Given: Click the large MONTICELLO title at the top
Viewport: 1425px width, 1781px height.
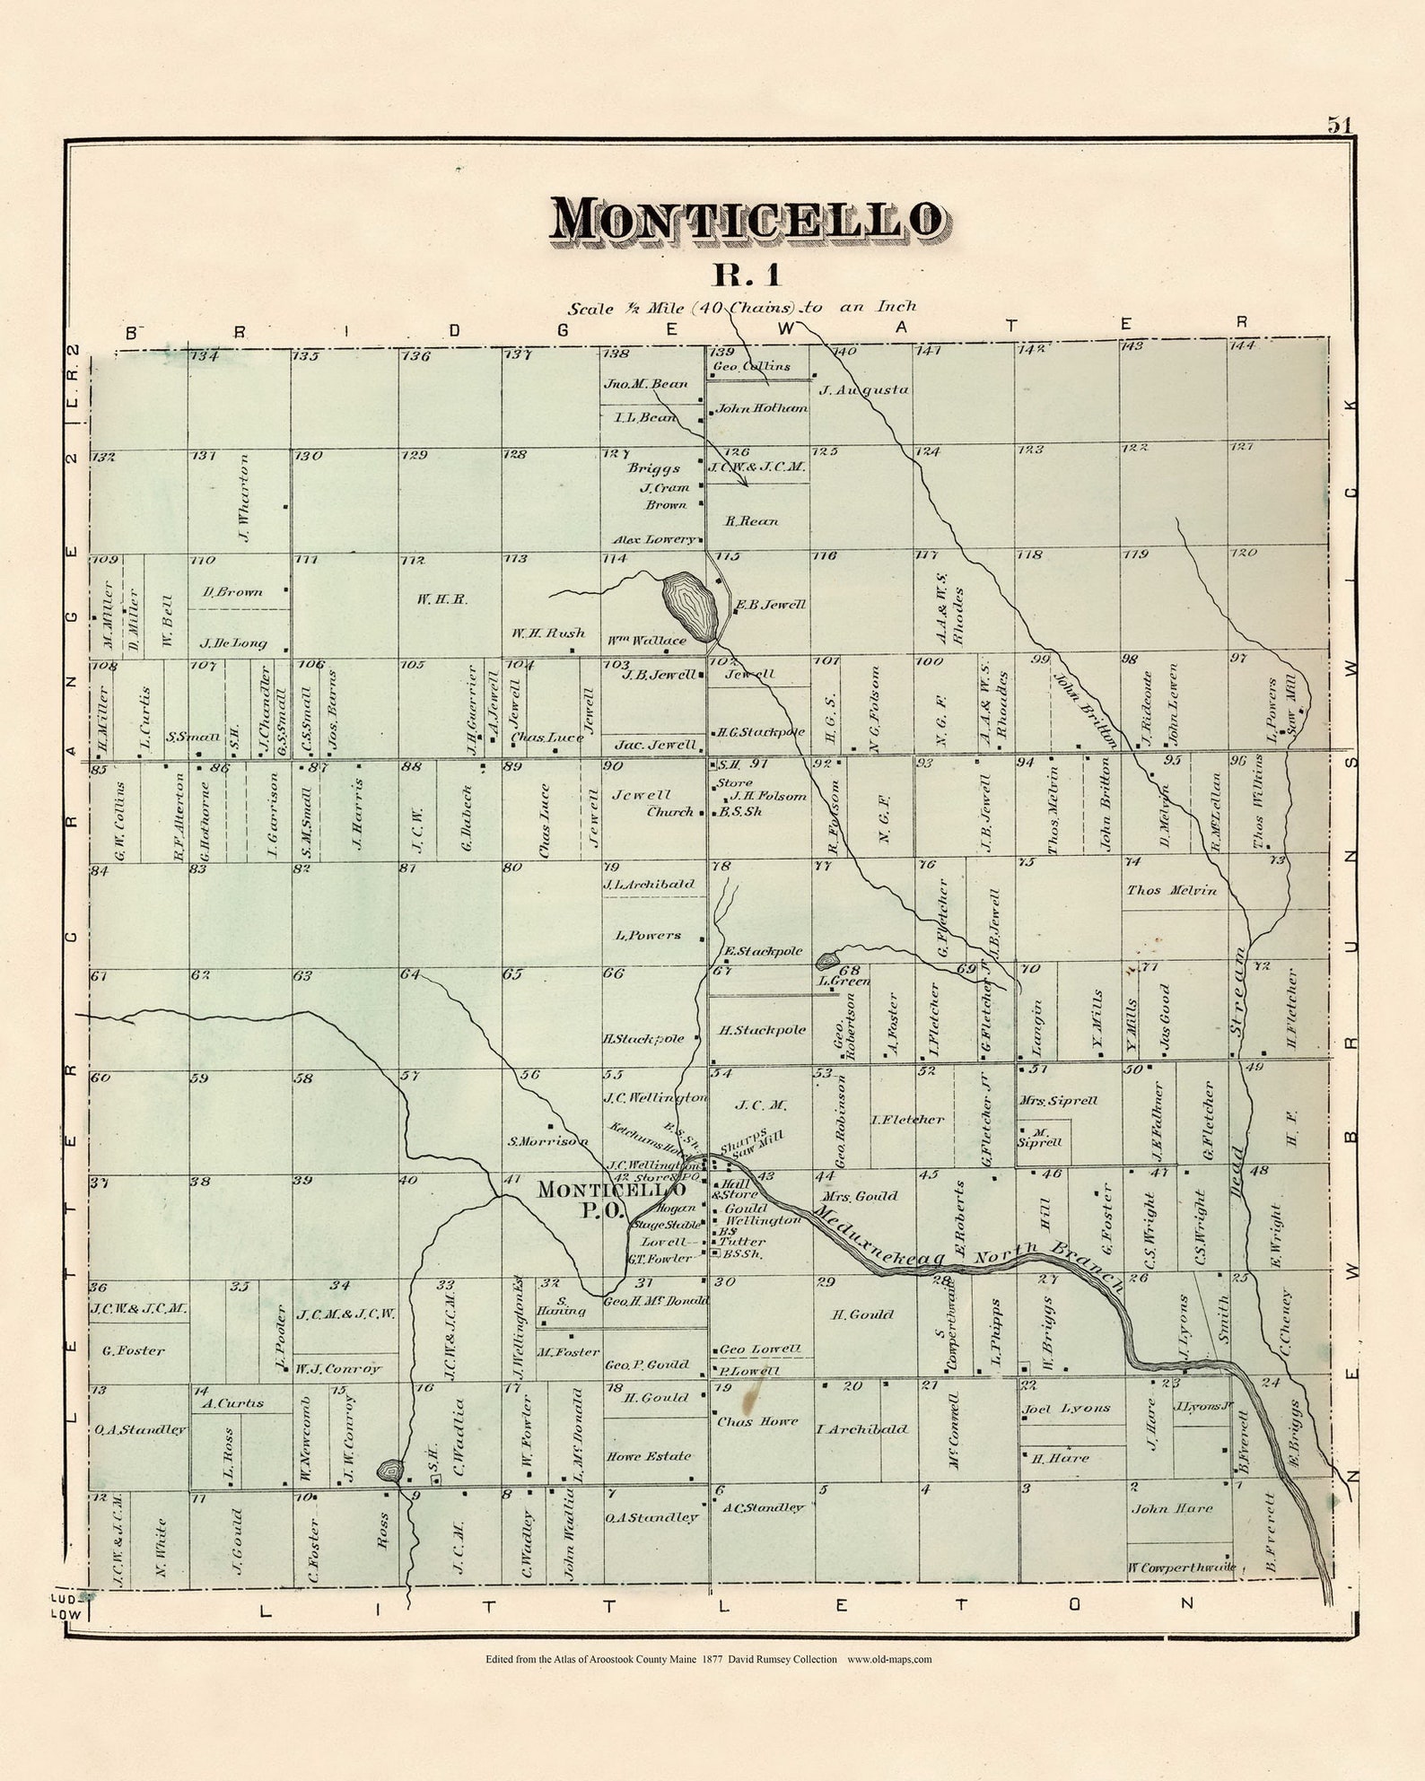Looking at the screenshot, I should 747,220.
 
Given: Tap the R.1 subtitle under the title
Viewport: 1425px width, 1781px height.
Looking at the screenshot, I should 747,274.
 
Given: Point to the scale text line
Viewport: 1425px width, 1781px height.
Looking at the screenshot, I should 741,308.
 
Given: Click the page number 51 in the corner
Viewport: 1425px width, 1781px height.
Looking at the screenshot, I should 1340,126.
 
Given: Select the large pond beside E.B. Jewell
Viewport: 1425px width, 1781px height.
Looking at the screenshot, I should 689,607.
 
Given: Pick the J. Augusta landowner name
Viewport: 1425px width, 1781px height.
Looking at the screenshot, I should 864,389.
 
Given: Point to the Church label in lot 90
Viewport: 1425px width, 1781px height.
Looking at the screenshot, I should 671,811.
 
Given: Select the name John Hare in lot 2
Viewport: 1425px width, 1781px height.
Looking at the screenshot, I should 1172,1508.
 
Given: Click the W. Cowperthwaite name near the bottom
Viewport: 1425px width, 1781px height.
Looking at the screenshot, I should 1181,1567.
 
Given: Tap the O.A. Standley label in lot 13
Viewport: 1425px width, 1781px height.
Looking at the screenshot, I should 140,1429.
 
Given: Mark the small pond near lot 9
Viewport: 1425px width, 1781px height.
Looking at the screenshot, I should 390,1470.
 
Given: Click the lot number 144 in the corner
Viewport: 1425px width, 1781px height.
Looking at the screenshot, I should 1242,345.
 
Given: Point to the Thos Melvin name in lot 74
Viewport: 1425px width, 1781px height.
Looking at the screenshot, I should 1172,890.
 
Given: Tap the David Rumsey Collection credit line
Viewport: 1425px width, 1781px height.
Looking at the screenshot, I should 708,1684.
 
